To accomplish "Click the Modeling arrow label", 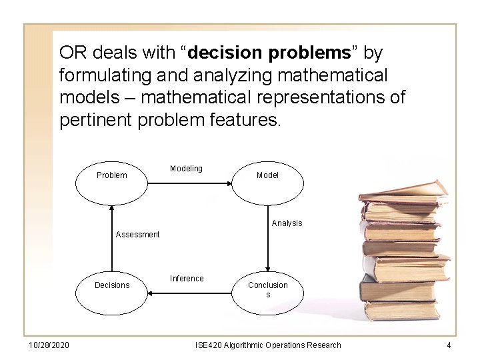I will tap(186, 169).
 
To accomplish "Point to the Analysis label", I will tap(287, 223).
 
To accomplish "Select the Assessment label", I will tap(137, 235).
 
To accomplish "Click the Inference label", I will tap(187, 279).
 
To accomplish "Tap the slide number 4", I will tap(449, 345).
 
